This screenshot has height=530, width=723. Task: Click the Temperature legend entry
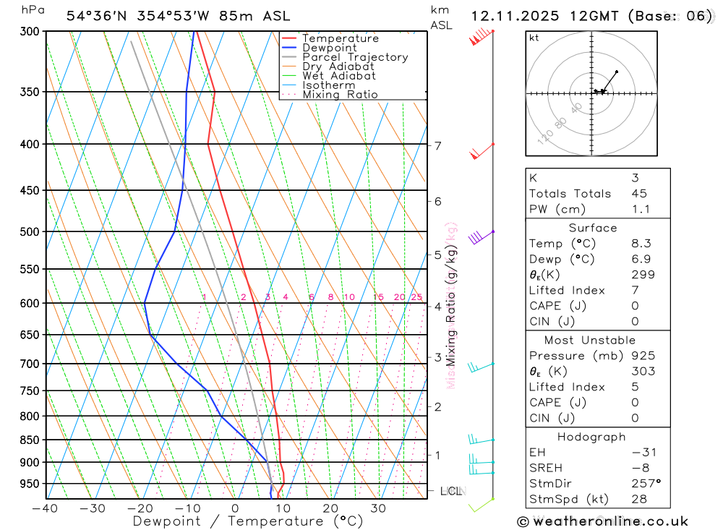[x=340, y=38]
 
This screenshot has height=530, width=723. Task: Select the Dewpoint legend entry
[x=329, y=48]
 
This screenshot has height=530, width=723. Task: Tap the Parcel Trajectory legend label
[x=355, y=57]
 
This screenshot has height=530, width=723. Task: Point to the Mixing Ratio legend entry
[x=340, y=94]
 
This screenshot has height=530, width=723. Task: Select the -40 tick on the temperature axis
[x=45, y=508]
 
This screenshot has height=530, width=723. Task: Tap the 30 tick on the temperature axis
[x=377, y=508]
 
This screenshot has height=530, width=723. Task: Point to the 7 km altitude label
[x=437, y=146]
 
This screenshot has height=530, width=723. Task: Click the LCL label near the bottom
[x=450, y=492]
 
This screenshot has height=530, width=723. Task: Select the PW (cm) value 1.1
[x=641, y=210]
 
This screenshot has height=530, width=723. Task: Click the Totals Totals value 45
[x=638, y=194]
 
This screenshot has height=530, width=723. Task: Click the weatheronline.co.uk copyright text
[x=603, y=521]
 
